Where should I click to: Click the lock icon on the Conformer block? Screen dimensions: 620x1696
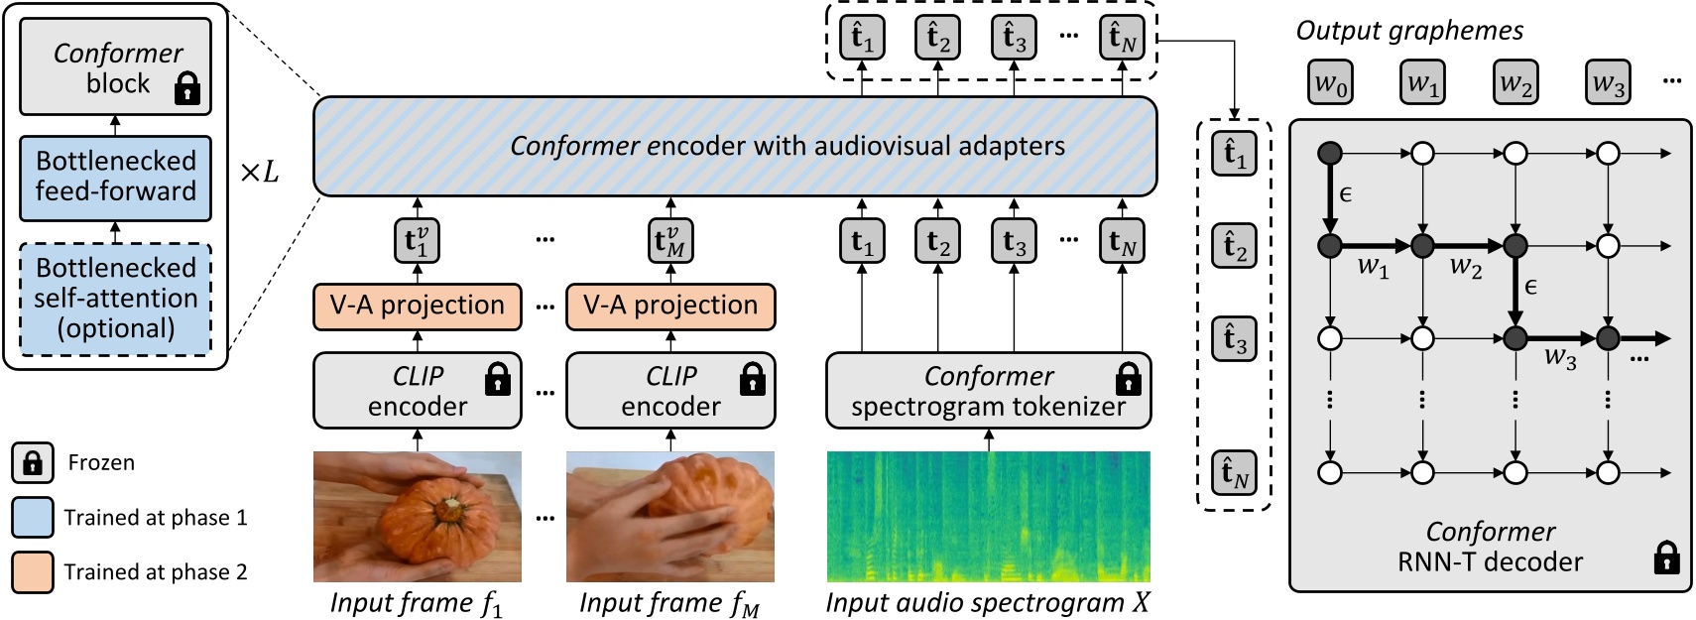point(186,88)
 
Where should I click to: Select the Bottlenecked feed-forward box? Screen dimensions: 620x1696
point(115,178)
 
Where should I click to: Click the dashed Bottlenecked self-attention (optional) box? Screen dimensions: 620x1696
point(115,299)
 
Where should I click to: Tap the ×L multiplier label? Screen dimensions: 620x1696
point(259,173)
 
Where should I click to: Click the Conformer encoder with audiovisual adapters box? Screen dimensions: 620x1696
point(734,146)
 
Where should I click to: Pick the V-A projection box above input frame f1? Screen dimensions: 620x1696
point(417,306)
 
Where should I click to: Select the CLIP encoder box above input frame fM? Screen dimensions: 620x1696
point(669,391)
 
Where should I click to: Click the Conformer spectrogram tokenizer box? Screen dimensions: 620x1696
point(988,391)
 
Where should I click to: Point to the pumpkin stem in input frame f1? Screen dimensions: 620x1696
point(453,507)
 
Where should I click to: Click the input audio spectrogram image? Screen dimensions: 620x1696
point(988,516)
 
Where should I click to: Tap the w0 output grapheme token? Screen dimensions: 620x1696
point(1330,82)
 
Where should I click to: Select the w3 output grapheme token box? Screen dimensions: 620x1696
point(1608,82)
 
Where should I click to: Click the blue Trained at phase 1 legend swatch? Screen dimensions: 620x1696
point(33,517)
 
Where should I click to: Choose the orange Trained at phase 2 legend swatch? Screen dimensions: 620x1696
point(33,571)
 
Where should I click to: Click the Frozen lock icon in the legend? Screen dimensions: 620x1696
point(33,462)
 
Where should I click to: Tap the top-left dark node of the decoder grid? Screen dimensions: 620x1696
point(1330,153)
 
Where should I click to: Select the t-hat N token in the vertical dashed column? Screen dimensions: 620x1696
point(1234,472)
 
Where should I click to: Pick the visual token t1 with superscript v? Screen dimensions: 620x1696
point(417,241)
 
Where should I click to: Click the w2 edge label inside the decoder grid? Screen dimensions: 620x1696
point(1465,266)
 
